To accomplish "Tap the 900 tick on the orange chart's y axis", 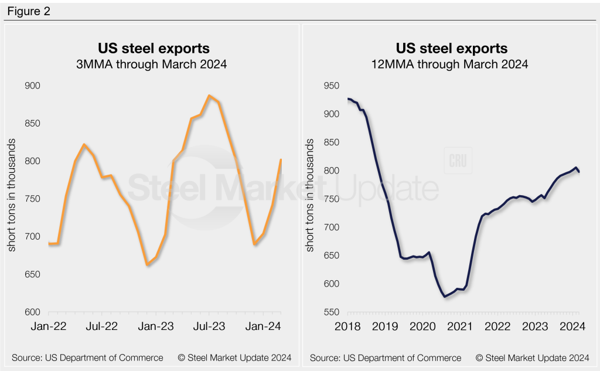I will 32,86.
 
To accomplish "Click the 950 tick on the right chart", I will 332,86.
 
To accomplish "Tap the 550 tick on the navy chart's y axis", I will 332,313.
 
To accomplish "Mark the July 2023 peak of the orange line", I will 209,96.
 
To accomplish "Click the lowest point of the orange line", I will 147,265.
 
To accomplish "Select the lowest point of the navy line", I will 445,297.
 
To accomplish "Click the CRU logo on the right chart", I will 458,161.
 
